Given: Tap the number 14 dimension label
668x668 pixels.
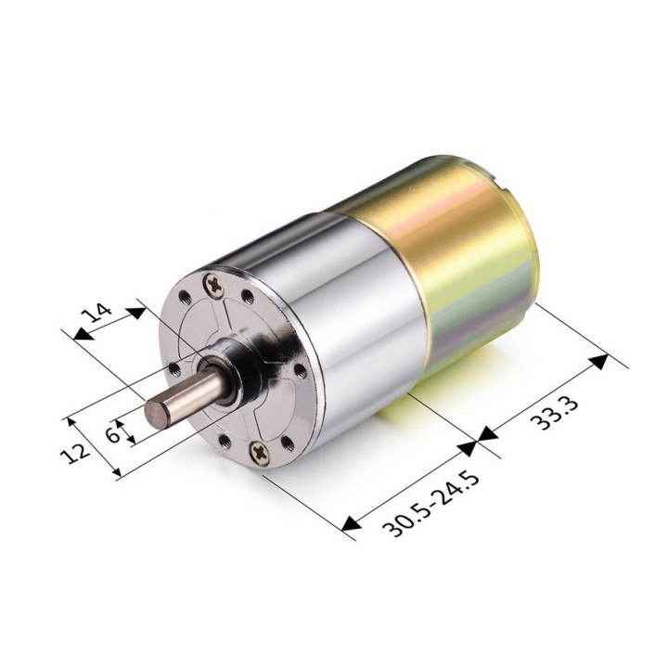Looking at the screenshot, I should [100, 309].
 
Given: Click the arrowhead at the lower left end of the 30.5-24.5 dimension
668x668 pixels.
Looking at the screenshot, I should [351, 526].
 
